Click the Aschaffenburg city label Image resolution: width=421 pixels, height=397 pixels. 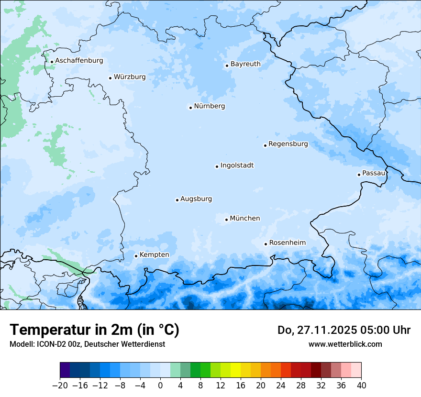click(79, 61)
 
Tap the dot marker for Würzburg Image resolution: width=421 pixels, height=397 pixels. click(110, 78)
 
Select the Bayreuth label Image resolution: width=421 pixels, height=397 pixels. click(245, 64)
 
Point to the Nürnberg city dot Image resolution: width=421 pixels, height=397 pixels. click(190, 108)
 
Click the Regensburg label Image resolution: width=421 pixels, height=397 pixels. click(288, 144)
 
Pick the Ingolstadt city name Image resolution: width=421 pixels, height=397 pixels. click(237, 165)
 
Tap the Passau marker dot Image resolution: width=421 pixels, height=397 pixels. click(359, 175)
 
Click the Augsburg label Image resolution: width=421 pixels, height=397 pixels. click(196, 199)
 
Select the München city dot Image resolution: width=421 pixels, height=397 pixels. click(226, 220)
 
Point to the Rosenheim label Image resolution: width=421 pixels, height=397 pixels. click(287, 243)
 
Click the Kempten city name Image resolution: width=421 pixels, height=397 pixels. click(154, 255)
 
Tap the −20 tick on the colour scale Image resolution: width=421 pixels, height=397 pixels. click(60, 385)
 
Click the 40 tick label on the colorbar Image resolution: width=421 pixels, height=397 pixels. click(361, 385)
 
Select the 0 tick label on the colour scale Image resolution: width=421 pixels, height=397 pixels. click(160, 385)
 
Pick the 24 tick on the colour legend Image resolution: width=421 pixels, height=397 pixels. click(281, 385)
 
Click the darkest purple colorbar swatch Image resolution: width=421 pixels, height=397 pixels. click(65, 370)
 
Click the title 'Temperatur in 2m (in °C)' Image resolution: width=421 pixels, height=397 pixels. click(94, 330)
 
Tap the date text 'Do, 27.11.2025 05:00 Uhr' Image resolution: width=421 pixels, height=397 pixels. click(344, 330)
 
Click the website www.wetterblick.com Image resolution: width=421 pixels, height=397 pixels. click(345, 344)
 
